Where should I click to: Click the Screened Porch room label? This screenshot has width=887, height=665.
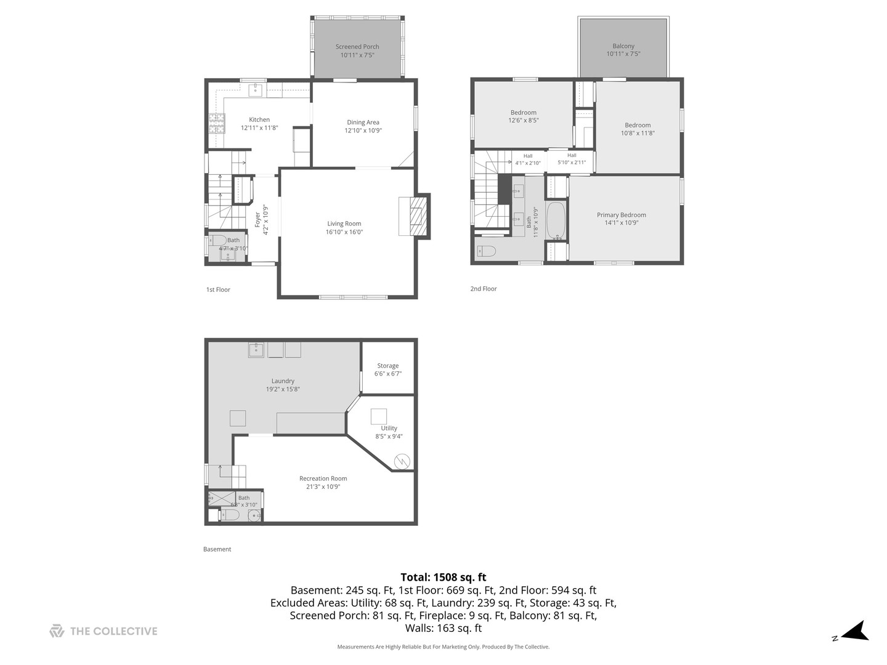tap(357, 47)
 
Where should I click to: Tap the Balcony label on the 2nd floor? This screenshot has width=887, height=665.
tap(623, 46)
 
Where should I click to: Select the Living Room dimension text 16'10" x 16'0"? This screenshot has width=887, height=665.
tap(344, 232)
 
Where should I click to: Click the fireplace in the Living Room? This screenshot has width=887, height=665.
tap(414, 216)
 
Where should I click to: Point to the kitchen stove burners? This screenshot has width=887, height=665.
tap(216, 124)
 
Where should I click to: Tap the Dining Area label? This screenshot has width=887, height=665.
tap(363, 123)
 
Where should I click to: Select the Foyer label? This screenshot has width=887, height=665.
tap(258, 220)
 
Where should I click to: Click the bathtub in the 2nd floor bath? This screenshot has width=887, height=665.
tap(555, 220)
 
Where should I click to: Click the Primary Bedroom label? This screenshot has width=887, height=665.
tap(621, 215)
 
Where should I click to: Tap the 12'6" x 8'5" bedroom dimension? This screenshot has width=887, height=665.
tap(523, 121)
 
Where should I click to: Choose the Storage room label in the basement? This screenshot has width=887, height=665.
tap(388, 366)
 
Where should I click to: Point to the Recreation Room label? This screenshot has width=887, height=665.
tap(323, 478)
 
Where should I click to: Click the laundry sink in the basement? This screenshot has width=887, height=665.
tap(256, 350)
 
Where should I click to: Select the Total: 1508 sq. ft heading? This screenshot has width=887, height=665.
tap(443, 577)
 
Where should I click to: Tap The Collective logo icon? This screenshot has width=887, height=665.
tap(57, 631)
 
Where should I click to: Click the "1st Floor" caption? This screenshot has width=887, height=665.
tap(218, 289)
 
